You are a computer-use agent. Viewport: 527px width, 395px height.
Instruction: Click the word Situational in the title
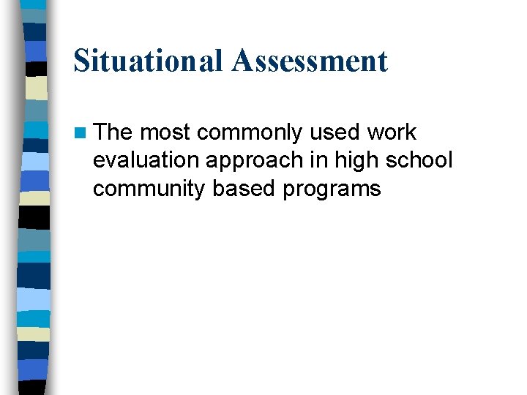[149, 60]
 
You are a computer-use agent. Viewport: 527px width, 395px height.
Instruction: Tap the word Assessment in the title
[310, 60]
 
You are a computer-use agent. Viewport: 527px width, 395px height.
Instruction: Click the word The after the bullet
[113, 132]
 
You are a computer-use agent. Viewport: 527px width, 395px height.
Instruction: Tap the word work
[392, 132]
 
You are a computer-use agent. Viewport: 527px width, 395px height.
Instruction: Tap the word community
[149, 189]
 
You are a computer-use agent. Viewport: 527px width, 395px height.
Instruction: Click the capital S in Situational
[82, 60]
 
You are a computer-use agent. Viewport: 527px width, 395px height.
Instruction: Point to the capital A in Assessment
[244, 60]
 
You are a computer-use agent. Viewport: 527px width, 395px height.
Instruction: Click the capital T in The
[102, 132]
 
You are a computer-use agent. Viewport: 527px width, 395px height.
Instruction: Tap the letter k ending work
[411, 132]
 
